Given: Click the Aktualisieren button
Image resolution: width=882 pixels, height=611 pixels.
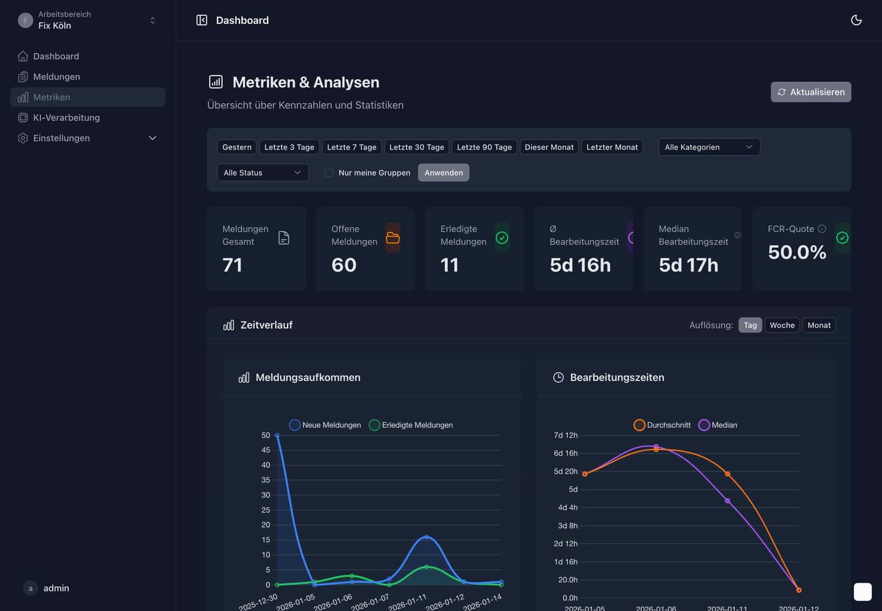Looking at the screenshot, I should pyautogui.click(x=810, y=92).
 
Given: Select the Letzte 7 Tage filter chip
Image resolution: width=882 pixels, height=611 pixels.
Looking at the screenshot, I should pyautogui.click(x=351, y=147).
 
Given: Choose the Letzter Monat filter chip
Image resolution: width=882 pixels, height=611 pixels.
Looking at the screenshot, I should pyautogui.click(x=612, y=147).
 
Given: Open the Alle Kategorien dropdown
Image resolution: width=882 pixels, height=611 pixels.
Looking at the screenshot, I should pyautogui.click(x=709, y=147).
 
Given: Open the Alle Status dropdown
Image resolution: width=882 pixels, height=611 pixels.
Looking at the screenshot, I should pyautogui.click(x=262, y=172).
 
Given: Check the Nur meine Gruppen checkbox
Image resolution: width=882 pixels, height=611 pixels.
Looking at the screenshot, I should pyautogui.click(x=329, y=172).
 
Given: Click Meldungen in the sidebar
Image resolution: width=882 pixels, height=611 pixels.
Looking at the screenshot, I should pyautogui.click(x=56, y=76).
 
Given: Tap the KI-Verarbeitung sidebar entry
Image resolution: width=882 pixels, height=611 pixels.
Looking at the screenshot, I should pyautogui.click(x=66, y=117).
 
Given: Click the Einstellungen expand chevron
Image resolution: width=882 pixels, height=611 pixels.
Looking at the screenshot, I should pyautogui.click(x=153, y=138).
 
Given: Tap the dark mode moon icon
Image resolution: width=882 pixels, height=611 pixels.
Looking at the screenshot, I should pyautogui.click(x=856, y=20).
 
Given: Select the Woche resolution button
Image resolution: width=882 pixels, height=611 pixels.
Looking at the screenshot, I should pyautogui.click(x=782, y=325).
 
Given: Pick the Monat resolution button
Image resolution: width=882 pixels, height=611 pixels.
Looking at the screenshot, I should pyautogui.click(x=818, y=325).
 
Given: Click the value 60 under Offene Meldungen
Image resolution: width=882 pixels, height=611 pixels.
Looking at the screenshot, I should pyautogui.click(x=344, y=265).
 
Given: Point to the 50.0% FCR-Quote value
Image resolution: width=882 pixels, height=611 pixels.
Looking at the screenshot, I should pyautogui.click(x=796, y=252).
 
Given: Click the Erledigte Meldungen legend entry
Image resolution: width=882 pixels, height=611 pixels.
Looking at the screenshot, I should pyautogui.click(x=411, y=425).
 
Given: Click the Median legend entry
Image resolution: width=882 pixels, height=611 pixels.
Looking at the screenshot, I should pyautogui.click(x=718, y=425).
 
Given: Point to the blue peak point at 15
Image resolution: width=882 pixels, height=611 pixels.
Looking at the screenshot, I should pyautogui.click(x=426, y=537).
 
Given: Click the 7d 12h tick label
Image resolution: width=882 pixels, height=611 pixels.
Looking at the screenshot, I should pyautogui.click(x=565, y=435).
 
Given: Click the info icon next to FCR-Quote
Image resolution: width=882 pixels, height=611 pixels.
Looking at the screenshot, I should pyautogui.click(x=822, y=229).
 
